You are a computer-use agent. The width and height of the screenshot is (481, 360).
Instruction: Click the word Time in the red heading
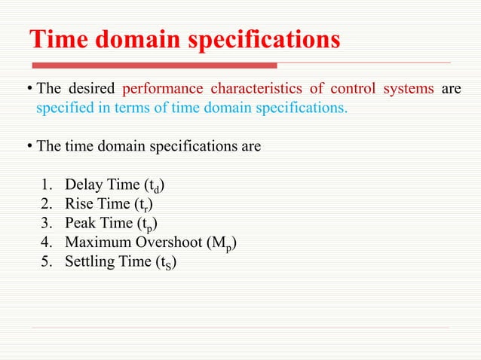61,39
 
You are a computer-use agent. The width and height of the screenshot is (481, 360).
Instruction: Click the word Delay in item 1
83,185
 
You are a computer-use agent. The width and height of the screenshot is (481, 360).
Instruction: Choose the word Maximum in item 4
96,242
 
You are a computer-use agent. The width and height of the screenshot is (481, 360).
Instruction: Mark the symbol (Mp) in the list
230,243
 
